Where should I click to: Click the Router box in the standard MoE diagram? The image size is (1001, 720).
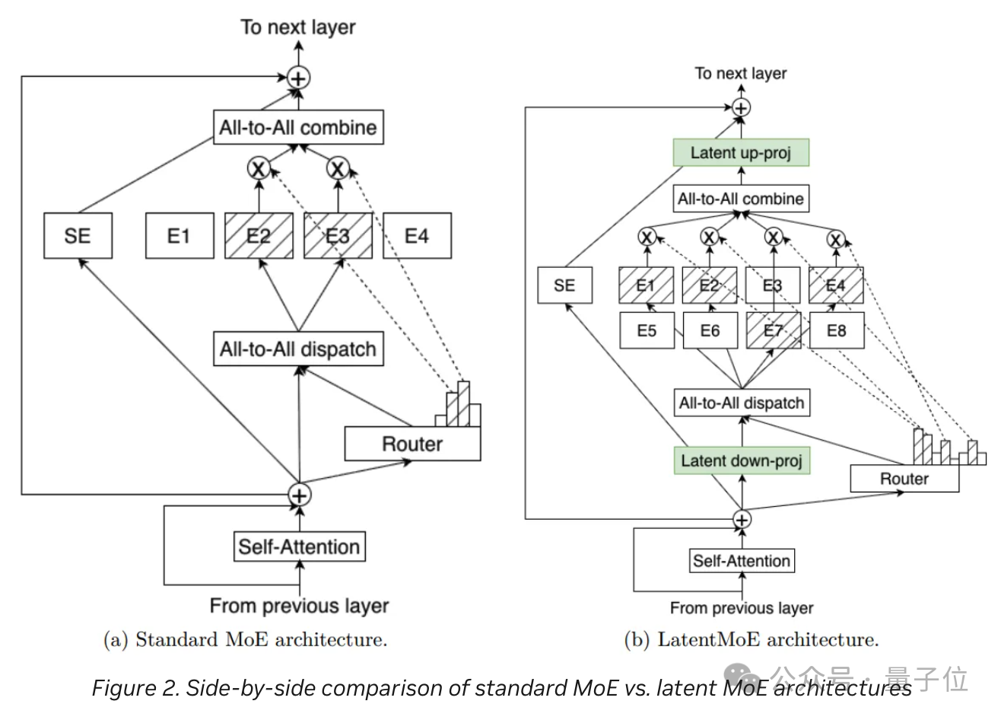click(412, 444)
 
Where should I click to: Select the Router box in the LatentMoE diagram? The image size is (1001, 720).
click(904, 479)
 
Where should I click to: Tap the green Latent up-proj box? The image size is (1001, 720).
click(740, 153)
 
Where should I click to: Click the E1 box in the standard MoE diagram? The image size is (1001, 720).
click(180, 236)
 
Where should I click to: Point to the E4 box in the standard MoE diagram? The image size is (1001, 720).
click(417, 236)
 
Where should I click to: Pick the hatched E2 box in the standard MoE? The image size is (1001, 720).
click(259, 236)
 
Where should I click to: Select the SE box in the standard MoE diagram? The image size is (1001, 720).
click(78, 236)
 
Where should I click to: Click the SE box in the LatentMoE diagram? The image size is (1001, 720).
click(564, 285)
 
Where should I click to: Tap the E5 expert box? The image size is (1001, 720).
click(647, 330)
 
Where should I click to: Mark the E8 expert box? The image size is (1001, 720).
click(836, 330)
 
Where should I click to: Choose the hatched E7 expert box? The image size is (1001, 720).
click(773, 330)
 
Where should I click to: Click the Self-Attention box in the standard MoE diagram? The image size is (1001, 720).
click(299, 546)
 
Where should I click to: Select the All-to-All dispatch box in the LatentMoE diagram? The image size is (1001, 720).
click(742, 403)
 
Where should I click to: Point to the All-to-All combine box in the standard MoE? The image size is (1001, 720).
click(298, 127)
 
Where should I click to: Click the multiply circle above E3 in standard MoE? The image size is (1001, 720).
click(338, 168)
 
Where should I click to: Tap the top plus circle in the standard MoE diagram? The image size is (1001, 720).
click(299, 78)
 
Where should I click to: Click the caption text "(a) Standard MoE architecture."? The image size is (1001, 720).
click(245, 639)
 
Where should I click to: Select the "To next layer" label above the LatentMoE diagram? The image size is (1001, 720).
click(741, 74)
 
